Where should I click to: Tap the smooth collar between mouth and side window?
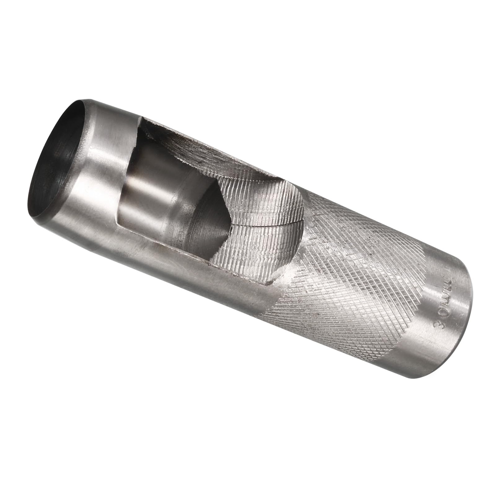click(x=102, y=174)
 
